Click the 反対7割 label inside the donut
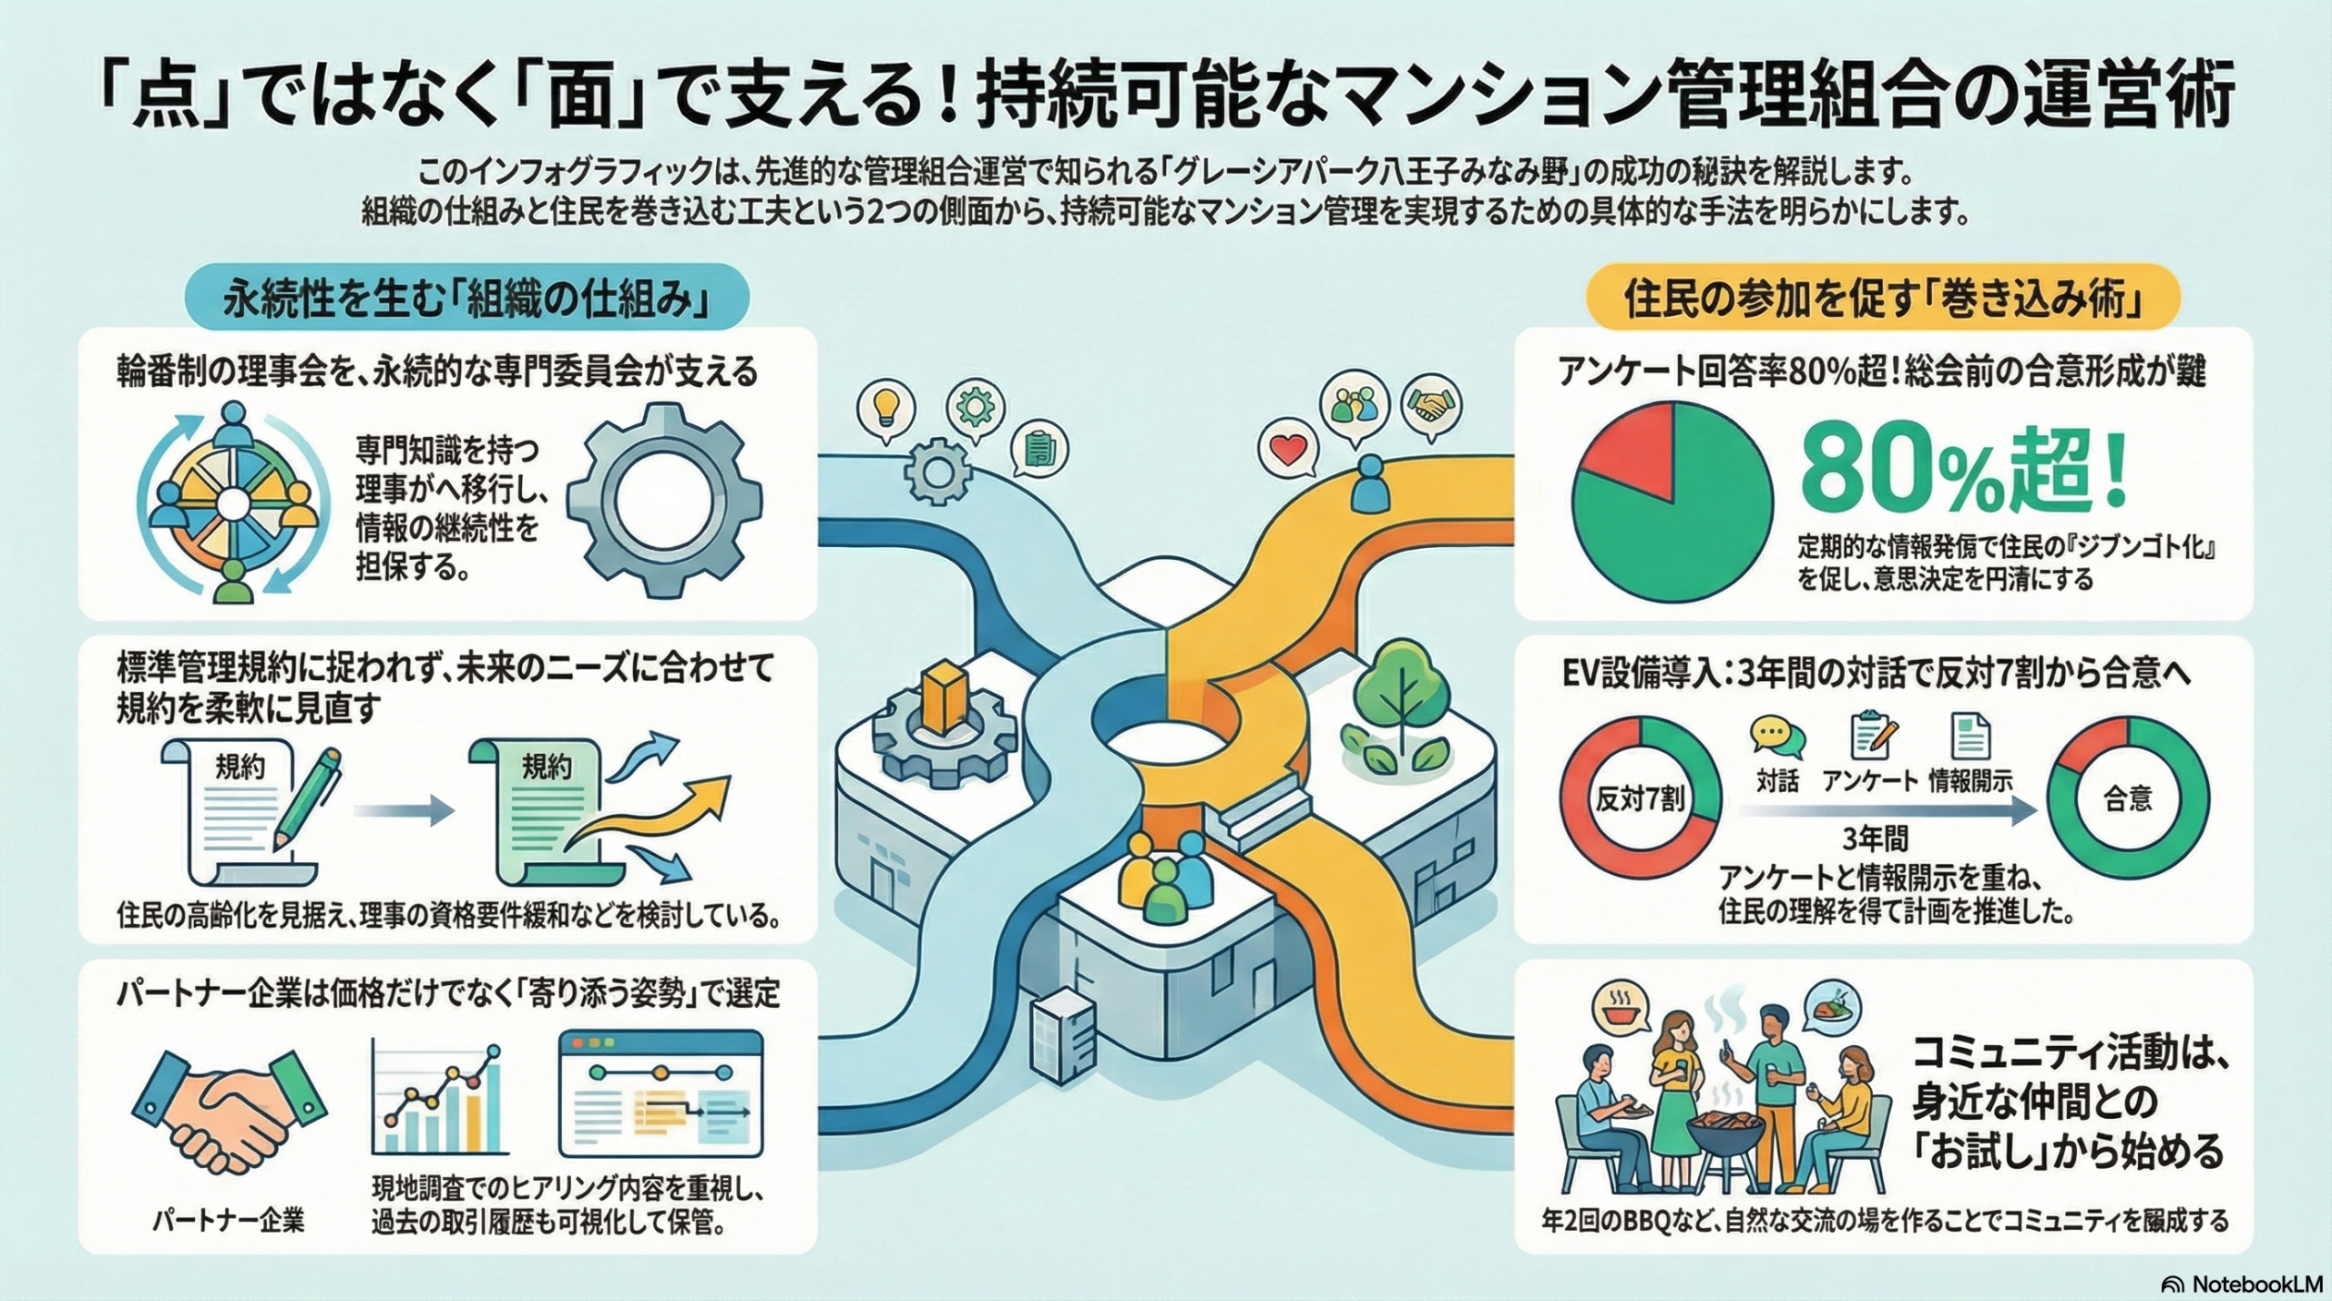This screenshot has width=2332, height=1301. pyautogui.click(x=1640, y=799)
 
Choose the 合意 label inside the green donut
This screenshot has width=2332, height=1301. pyautogui.click(x=2128, y=798)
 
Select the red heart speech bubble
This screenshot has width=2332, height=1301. pyautogui.click(x=1288, y=451)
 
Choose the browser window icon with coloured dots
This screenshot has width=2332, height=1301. pyautogui.click(x=660, y=1092)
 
